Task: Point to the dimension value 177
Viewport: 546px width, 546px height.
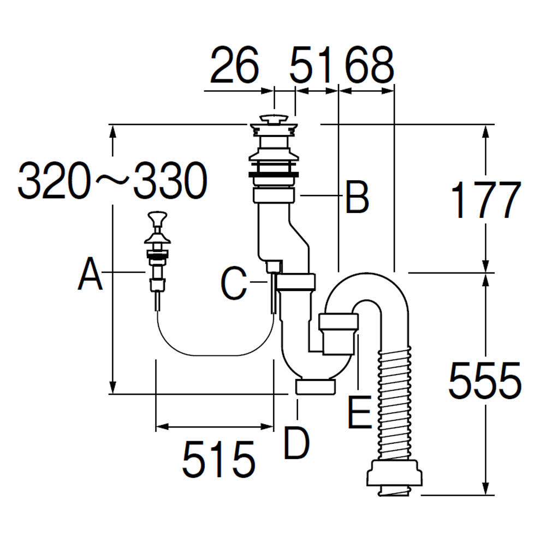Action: tap(483, 200)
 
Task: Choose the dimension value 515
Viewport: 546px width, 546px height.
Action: tap(218, 459)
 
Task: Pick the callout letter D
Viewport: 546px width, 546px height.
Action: tap(296, 443)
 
